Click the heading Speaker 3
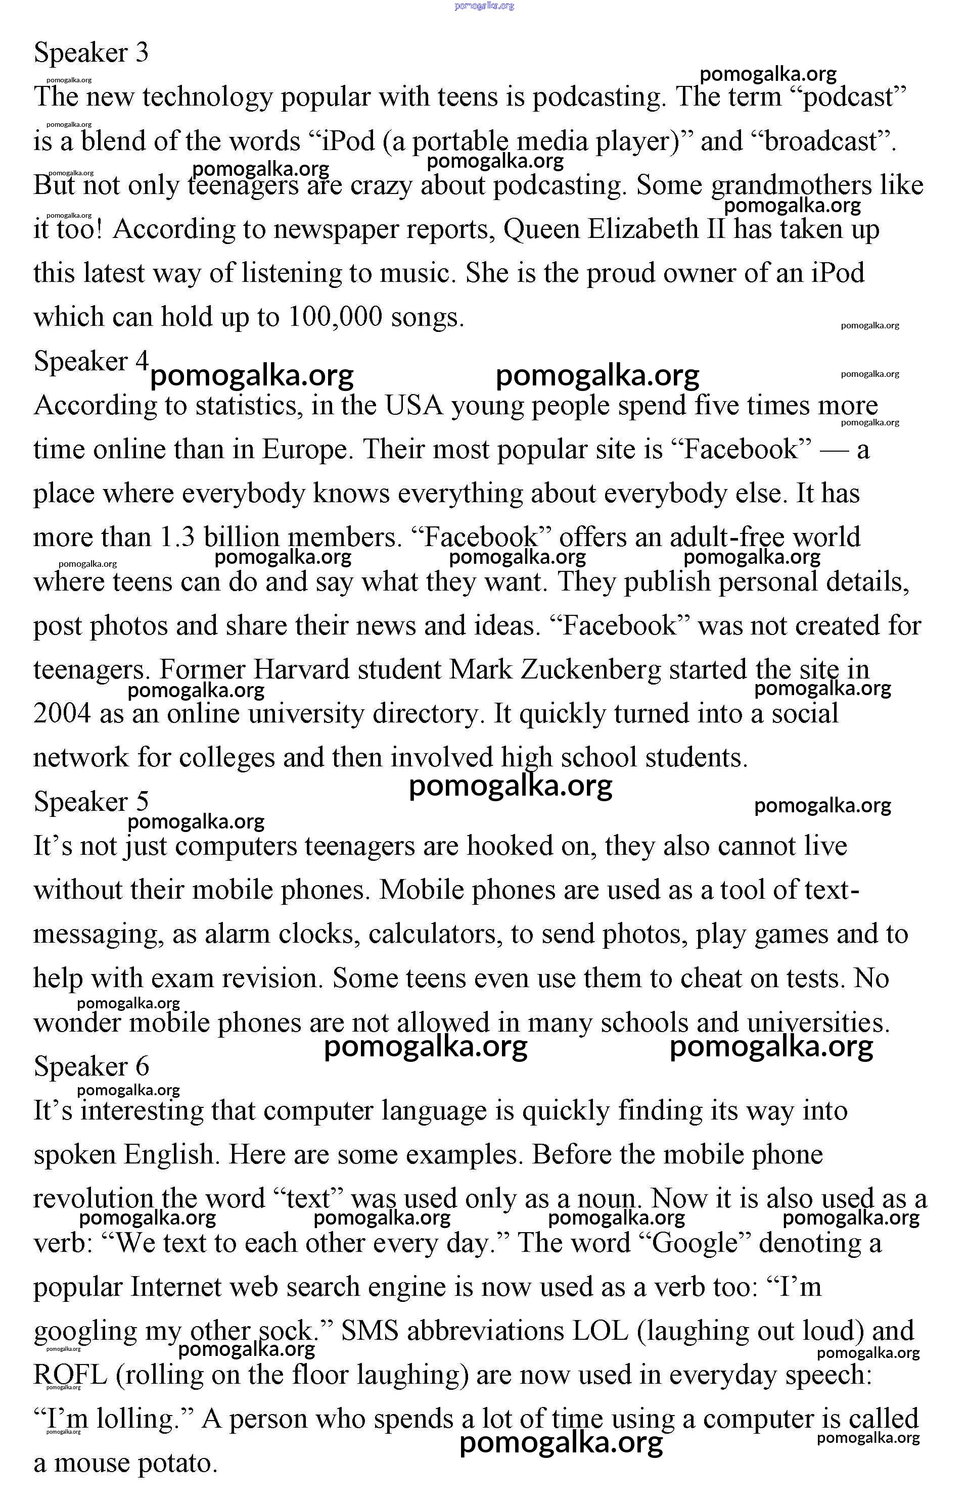click(91, 52)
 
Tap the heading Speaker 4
click(91, 361)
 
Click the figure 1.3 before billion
click(177, 538)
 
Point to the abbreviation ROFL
click(70, 1375)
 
